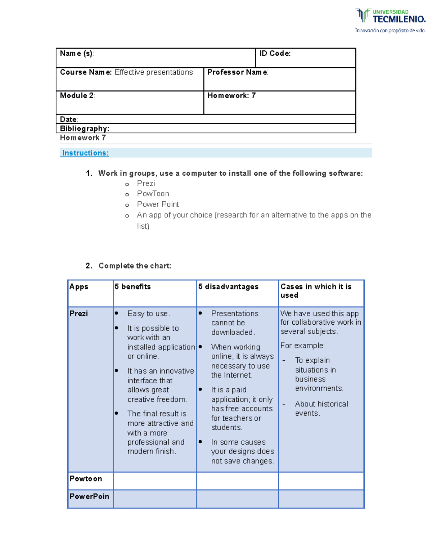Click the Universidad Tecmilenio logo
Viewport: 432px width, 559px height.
click(x=390, y=21)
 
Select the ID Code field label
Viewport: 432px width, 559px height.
click(x=275, y=54)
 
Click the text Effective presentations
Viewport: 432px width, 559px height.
click(x=154, y=72)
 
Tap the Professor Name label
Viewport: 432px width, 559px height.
click(x=237, y=72)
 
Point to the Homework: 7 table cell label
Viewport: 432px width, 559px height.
click(x=231, y=96)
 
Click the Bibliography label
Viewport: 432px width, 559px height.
click(x=84, y=129)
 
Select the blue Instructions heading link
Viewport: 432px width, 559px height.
click(x=86, y=153)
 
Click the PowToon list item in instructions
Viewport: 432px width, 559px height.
click(x=153, y=194)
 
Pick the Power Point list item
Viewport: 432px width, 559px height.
click(x=158, y=204)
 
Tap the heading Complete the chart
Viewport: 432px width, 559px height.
click(x=135, y=266)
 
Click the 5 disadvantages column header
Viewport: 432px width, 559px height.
click(x=228, y=287)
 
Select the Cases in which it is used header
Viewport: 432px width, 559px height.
click(x=315, y=291)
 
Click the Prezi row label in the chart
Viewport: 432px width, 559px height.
click(x=78, y=314)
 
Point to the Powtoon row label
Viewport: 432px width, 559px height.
click(x=86, y=479)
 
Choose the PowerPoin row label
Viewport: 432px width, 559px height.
click(x=89, y=496)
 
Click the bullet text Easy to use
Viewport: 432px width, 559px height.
click(x=148, y=314)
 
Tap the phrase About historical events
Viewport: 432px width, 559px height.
click(x=321, y=409)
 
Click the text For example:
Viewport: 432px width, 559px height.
click(x=302, y=346)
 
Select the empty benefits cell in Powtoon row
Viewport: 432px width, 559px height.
click(x=155, y=481)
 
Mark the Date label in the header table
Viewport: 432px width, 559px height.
click(x=68, y=119)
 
